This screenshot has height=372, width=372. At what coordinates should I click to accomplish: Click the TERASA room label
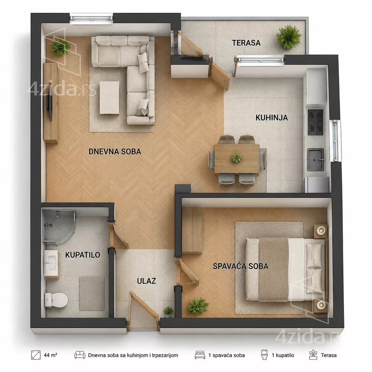coord(246,43)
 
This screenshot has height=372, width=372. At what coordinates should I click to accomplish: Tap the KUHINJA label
coord(272,117)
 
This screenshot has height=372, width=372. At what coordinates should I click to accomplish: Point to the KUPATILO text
coord(83,255)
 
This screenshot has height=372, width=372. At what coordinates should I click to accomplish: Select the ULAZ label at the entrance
coord(146,281)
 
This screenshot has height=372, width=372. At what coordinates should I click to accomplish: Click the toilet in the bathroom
coord(56,300)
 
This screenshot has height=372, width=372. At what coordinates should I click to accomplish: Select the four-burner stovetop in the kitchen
coord(316,122)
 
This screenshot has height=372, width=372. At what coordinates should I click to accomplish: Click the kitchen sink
coord(316,159)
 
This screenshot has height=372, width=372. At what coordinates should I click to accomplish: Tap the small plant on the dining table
coord(237,157)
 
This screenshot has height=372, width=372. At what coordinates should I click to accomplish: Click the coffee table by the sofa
coord(110,98)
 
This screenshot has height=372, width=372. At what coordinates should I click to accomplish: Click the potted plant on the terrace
coord(289,37)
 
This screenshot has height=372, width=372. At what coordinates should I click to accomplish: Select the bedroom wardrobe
coord(192,230)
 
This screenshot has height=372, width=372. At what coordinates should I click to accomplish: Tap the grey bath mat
coord(92,293)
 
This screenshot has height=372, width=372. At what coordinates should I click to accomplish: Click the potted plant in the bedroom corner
coord(198,307)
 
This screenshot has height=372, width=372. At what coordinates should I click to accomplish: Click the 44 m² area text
coord(50,355)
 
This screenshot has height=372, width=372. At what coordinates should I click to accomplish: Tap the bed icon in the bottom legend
coord(200,355)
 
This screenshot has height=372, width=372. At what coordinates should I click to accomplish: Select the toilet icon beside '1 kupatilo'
coord(264,355)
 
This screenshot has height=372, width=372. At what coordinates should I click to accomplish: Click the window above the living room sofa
coord(91,19)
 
